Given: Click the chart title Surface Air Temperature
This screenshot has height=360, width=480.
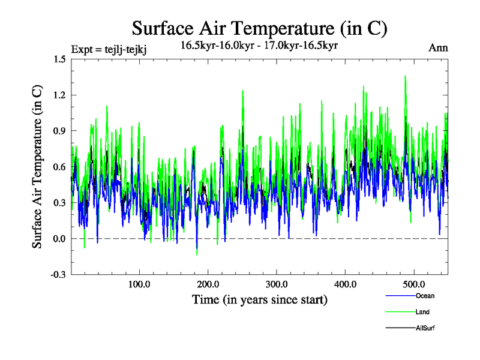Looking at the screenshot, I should (x=259, y=29).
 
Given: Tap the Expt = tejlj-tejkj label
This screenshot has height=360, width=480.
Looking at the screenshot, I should (x=109, y=49).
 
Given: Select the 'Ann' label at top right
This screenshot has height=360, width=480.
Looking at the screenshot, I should (x=438, y=48).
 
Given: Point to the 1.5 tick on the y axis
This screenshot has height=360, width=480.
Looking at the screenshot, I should (x=59, y=59).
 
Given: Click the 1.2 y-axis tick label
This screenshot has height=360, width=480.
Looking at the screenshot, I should (x=59, y=95).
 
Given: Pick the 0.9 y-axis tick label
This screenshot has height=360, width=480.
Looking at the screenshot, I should (x=59, y=131).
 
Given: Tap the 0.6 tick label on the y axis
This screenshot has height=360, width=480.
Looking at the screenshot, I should (x=59, y=167).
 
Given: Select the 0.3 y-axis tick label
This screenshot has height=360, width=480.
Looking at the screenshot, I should (x=59, y=203).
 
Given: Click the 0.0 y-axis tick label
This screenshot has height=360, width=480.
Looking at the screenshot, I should (x=59, y=239).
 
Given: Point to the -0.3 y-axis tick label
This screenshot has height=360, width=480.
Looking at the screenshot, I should (x=58, y=275).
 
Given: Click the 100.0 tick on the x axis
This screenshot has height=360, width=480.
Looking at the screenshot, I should (x=139, y=284).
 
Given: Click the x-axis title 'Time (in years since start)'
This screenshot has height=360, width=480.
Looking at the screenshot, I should (x=259, y=299).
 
